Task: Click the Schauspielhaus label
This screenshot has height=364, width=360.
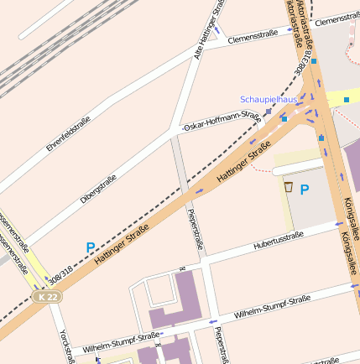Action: [x=269, y=99]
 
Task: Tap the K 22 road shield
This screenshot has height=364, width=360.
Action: [x=48, y=297]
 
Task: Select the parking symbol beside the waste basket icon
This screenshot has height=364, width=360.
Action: [x=305, y=190]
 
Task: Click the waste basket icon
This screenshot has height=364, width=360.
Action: [x=289, y=187]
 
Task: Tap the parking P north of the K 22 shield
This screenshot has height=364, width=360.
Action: [x=91, y=247]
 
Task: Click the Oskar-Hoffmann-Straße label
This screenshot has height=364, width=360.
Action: [x=222, y=119]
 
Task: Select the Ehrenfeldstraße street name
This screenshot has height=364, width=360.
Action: [x=69, y=133]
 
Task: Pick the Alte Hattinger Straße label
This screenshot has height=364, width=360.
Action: [x=210, y=29]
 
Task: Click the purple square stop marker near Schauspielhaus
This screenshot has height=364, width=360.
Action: [x=269, y=111]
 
